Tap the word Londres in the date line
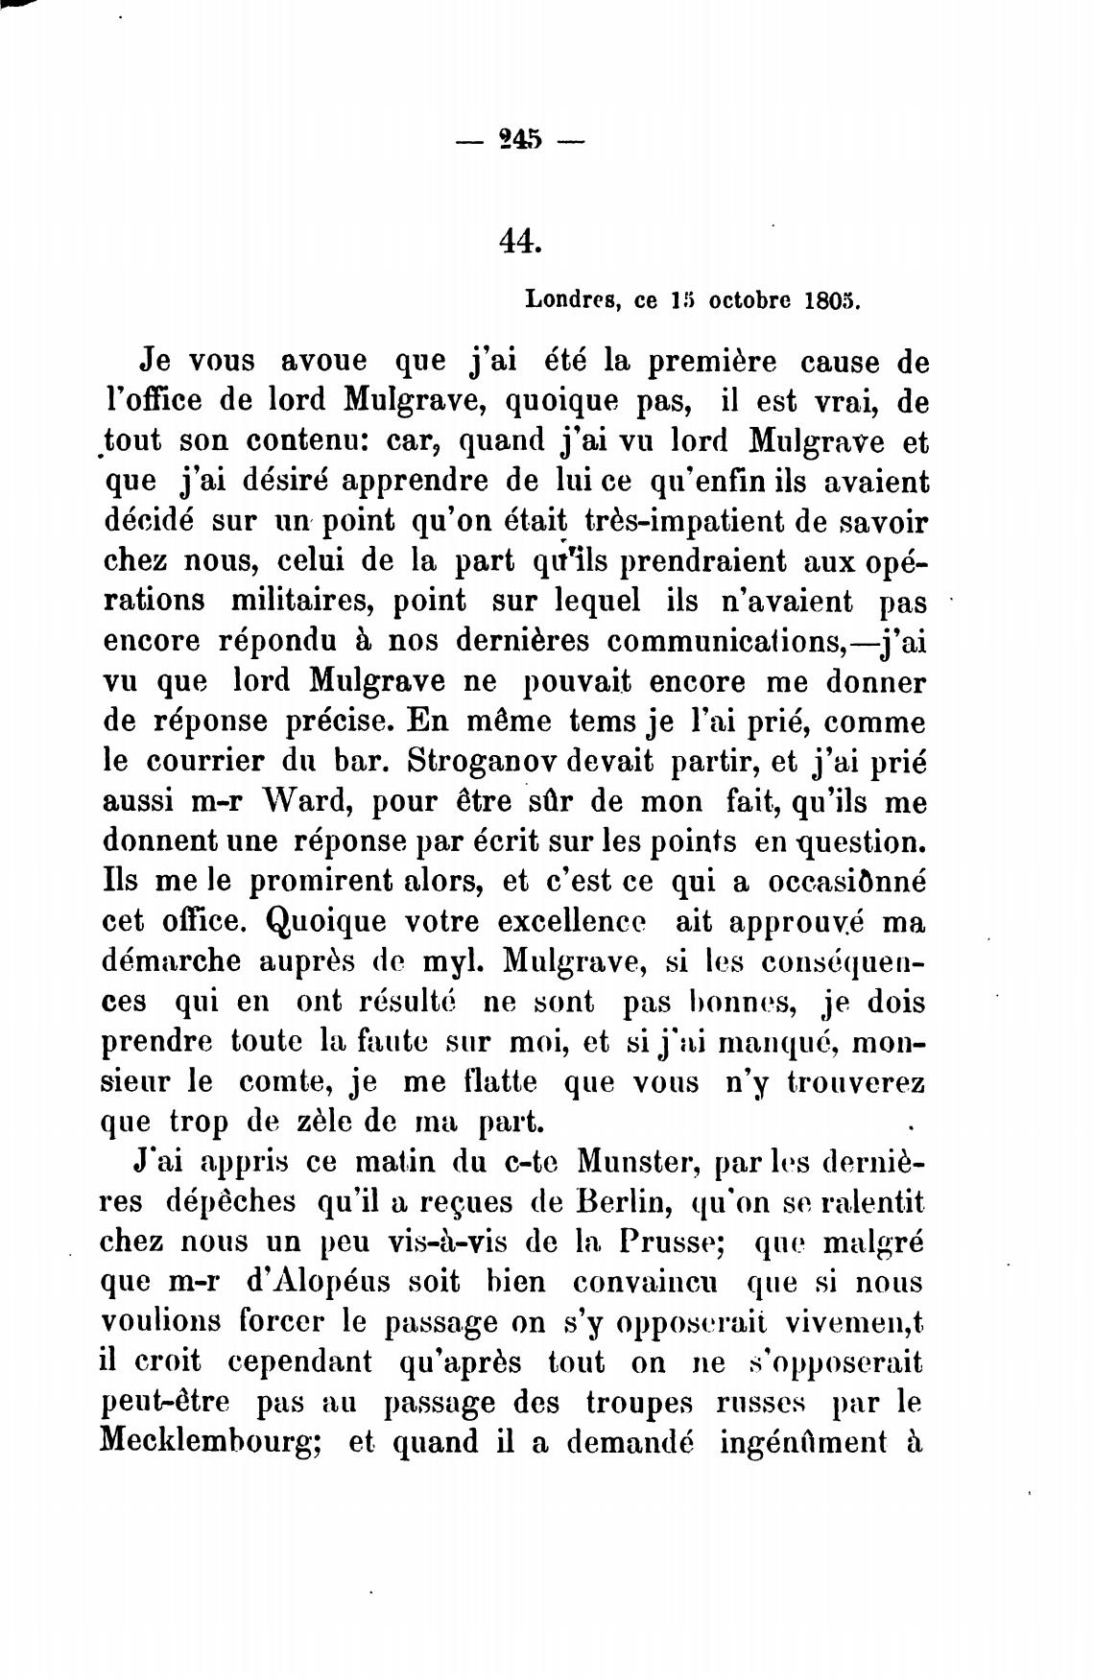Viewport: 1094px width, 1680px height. pyautogui.click(x=570, y=299)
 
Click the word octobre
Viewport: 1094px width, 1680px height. pyautogui.click(x=749, y=299)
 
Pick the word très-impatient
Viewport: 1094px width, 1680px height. pyautogui.click(x=702, y=521)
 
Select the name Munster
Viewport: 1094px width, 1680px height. pyautogui.click(x=637, y=1162)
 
